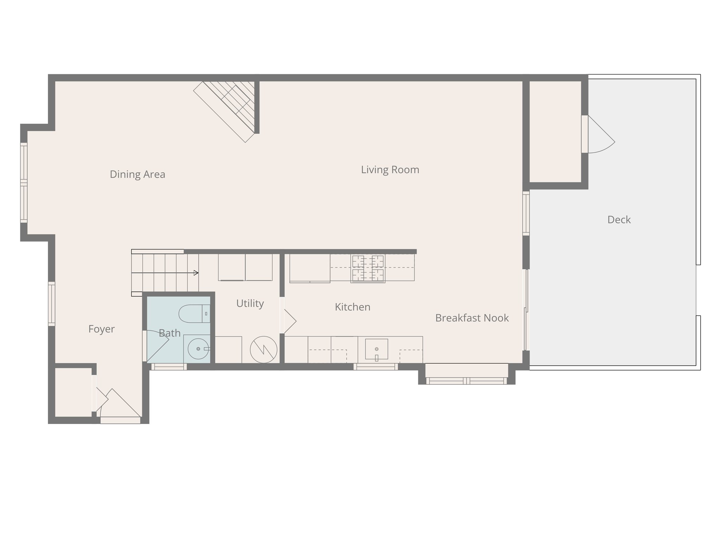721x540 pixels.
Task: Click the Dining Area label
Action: click(x=137, y=174)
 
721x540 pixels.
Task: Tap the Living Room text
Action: click(x=390, y=170)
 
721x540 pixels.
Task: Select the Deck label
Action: click(x=619, y=220)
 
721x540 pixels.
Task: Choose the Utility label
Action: click(x=250, y=303)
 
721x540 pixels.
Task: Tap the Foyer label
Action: click(x=101, y=329)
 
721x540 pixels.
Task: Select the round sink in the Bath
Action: click(x=198, y=349)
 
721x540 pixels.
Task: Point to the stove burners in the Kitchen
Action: click(x=368, y=268)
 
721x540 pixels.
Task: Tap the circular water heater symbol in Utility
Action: click(x=263, y=349)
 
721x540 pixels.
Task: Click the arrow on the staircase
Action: click(x=196, y=273)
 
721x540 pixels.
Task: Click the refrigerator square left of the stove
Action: click(x=310, y=268)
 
